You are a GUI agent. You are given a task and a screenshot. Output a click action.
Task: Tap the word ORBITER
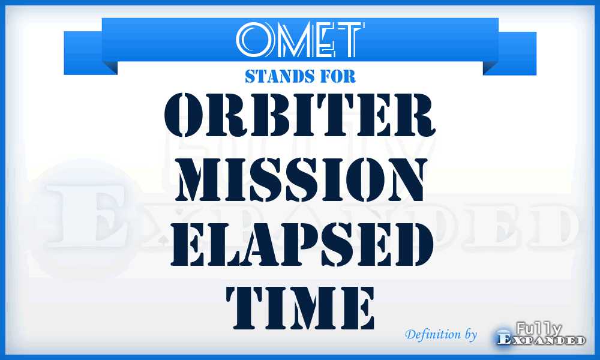click(299, 118)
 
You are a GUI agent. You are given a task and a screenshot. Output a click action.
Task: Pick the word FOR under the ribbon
click(340, 76)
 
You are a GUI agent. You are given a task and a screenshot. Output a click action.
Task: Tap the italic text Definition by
click(441, 334)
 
